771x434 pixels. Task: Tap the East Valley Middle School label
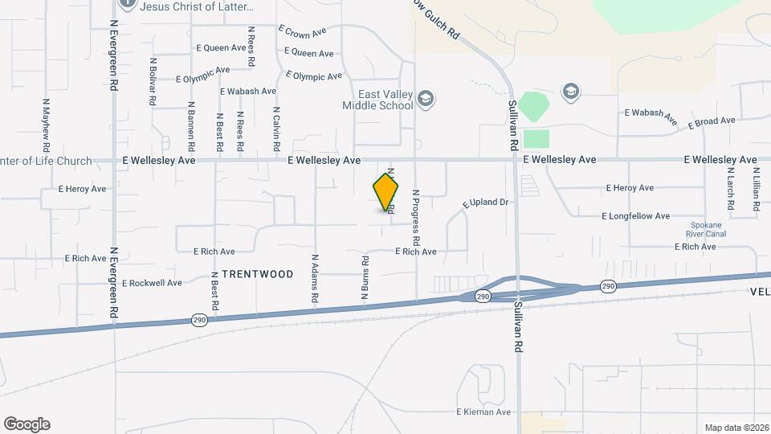377,100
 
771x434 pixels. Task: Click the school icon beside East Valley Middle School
426,98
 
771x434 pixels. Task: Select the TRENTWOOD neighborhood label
257,274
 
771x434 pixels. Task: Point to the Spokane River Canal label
707,230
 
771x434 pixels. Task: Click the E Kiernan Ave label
483,412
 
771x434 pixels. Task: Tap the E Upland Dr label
486,203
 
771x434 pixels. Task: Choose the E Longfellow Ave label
635,216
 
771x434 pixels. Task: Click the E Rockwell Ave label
152,282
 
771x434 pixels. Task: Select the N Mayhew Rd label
47,125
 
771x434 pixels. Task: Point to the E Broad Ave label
712,121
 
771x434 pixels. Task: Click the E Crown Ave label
302,31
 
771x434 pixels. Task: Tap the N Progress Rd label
416,217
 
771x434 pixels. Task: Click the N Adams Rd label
314,279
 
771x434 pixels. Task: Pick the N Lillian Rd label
757,190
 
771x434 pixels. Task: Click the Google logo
27,424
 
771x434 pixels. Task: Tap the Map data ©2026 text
736,428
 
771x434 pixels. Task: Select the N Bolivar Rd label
152,82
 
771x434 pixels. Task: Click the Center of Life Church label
47,161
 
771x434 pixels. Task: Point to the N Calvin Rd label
275,130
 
